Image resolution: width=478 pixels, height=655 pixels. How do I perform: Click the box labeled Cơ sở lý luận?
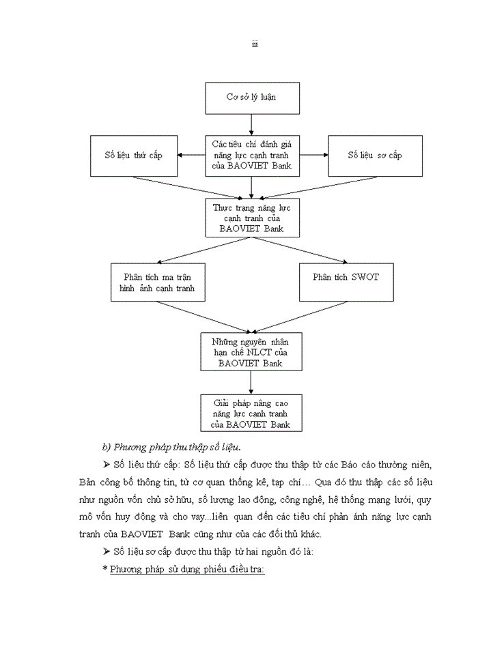coord(252,98)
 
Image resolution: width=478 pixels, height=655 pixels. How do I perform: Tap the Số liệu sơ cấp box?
coord(374,156)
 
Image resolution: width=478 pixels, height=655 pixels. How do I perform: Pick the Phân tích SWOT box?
coord(346,277)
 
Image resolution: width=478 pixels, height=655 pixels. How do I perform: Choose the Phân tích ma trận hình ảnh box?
coord(158,282)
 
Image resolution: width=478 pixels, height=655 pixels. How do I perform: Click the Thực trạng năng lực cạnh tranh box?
coord(252,218)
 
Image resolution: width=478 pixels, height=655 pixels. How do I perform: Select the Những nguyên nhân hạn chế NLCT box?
coord(252,351)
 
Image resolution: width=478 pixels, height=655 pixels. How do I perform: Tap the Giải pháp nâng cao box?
coord(252,413)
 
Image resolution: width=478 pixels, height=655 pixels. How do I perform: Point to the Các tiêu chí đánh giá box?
coord(252,156)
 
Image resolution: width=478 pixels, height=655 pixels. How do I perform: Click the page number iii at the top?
coord(254,45)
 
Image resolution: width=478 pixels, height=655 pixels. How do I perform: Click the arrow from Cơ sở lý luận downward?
coord(252,123)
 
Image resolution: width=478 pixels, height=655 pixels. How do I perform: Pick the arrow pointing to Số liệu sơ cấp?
coord(313,156)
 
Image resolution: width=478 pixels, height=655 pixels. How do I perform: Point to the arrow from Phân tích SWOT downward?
coord(294,317)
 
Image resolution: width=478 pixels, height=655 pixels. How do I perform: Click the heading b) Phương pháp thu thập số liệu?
coord(171,447)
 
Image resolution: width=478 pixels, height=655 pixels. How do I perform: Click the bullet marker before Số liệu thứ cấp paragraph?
coord(107,465)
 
